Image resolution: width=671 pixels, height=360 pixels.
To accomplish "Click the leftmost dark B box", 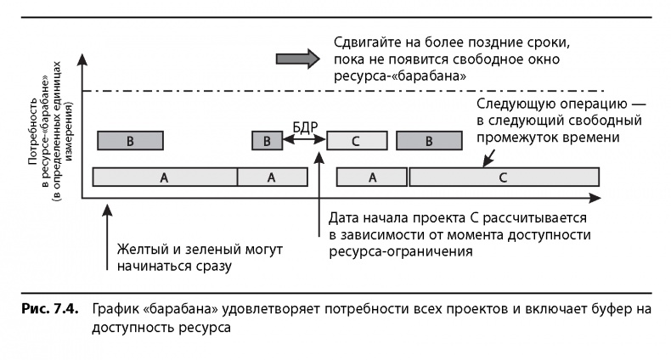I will point(130,141).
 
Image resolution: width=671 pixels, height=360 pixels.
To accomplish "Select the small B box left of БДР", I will point(267,141).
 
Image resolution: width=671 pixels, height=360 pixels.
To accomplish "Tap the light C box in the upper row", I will point(356,141).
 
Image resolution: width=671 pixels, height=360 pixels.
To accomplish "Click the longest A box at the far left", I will point(164,177).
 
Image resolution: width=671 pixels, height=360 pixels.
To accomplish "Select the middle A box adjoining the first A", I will point(272,177).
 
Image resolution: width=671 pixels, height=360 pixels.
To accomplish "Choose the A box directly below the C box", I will point(371,177).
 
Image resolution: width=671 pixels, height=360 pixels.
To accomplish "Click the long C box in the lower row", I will point(503,177).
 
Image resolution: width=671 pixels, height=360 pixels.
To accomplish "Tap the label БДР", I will point(304,127).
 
